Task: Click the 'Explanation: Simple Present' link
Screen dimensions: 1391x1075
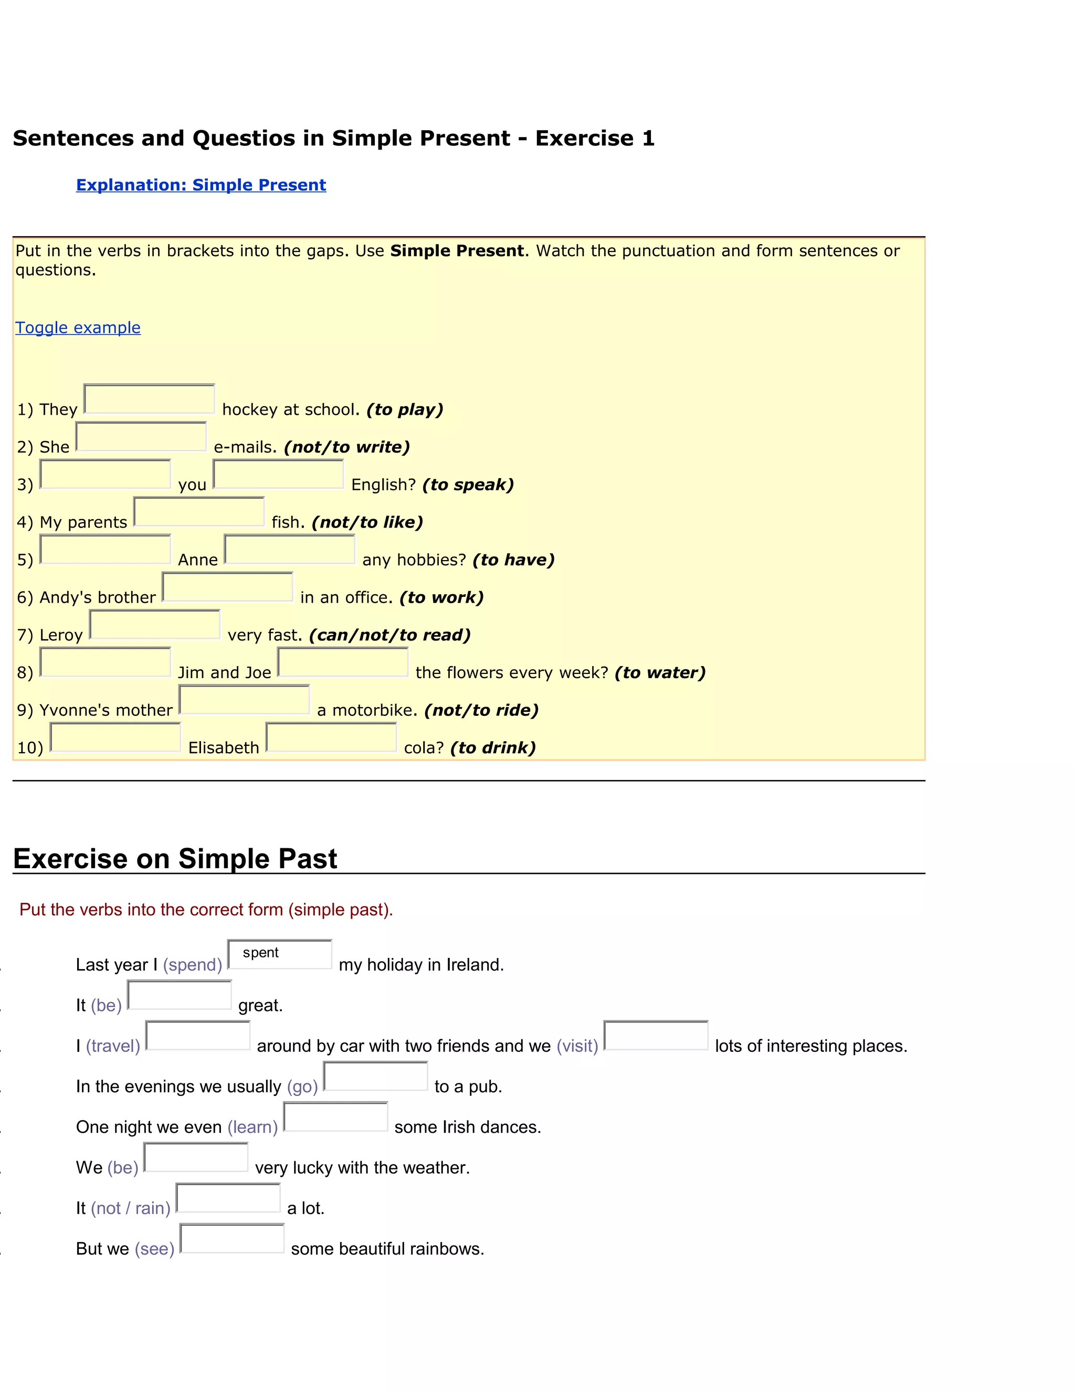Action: point(201,185)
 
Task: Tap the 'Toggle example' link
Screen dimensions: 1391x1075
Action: point(78,328)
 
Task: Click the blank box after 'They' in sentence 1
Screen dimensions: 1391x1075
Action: point(149,399)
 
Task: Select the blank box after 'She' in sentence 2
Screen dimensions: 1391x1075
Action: point(141,437)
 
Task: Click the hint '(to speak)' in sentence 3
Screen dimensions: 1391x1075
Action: point(468,484)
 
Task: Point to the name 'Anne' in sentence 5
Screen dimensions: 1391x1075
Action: point(197,560)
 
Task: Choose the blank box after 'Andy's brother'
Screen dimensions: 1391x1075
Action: point(227,587)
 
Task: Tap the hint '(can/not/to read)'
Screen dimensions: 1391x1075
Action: point(390,635)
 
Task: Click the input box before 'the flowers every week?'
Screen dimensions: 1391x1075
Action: point(343,662)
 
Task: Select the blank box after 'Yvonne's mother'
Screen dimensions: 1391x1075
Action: point(244,700)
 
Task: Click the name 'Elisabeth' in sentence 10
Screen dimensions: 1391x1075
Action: point(224,747)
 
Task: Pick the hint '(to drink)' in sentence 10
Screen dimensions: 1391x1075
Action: point(493,747)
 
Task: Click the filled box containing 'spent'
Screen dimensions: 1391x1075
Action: point(280,954)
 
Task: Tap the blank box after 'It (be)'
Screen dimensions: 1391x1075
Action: point(179,995)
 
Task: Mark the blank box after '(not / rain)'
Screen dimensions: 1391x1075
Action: point(228,1198)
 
